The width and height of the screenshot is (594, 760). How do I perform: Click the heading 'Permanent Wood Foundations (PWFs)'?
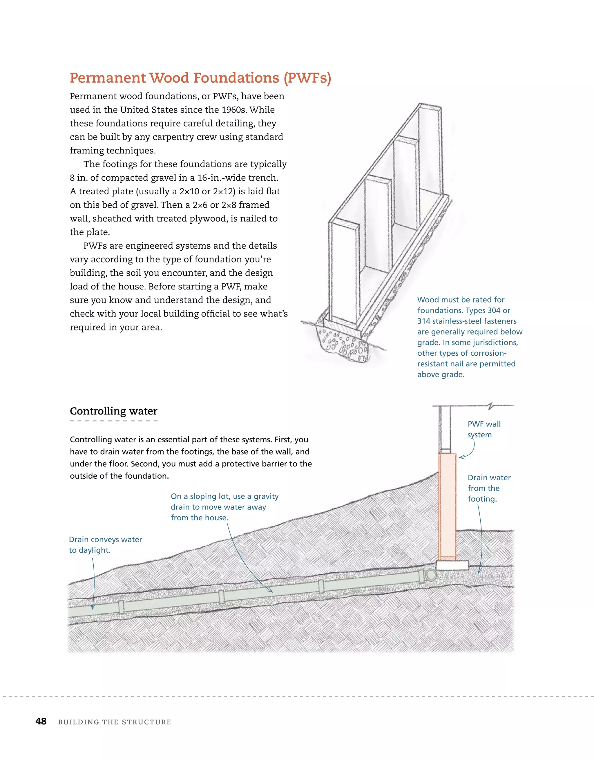click(200, 78)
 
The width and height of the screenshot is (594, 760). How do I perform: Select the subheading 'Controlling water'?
click(113, 411)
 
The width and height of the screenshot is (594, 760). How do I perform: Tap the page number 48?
click(41, 721)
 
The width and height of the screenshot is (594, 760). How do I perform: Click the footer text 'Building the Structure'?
click(115, 722)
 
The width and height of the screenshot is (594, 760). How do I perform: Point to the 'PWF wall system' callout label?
click(484, 429)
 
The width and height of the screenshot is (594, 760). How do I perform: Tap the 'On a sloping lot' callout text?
click(224, 507)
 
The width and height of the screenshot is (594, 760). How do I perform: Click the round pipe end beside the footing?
click(431, 575)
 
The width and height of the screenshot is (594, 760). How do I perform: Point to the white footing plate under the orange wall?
click(452, 564)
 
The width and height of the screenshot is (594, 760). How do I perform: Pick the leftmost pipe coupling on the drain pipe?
click(121, 607)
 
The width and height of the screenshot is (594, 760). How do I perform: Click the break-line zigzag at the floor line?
click(491, 406)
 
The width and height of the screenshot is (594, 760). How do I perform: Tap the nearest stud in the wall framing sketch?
click(344, 272)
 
